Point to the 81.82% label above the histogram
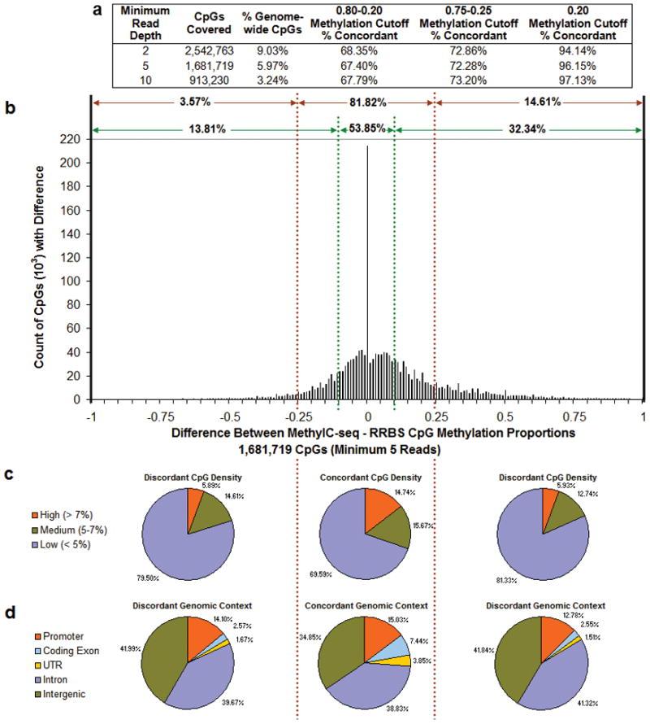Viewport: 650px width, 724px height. tap(367, 103)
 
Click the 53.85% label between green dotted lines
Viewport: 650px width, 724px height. tap(366, 129)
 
